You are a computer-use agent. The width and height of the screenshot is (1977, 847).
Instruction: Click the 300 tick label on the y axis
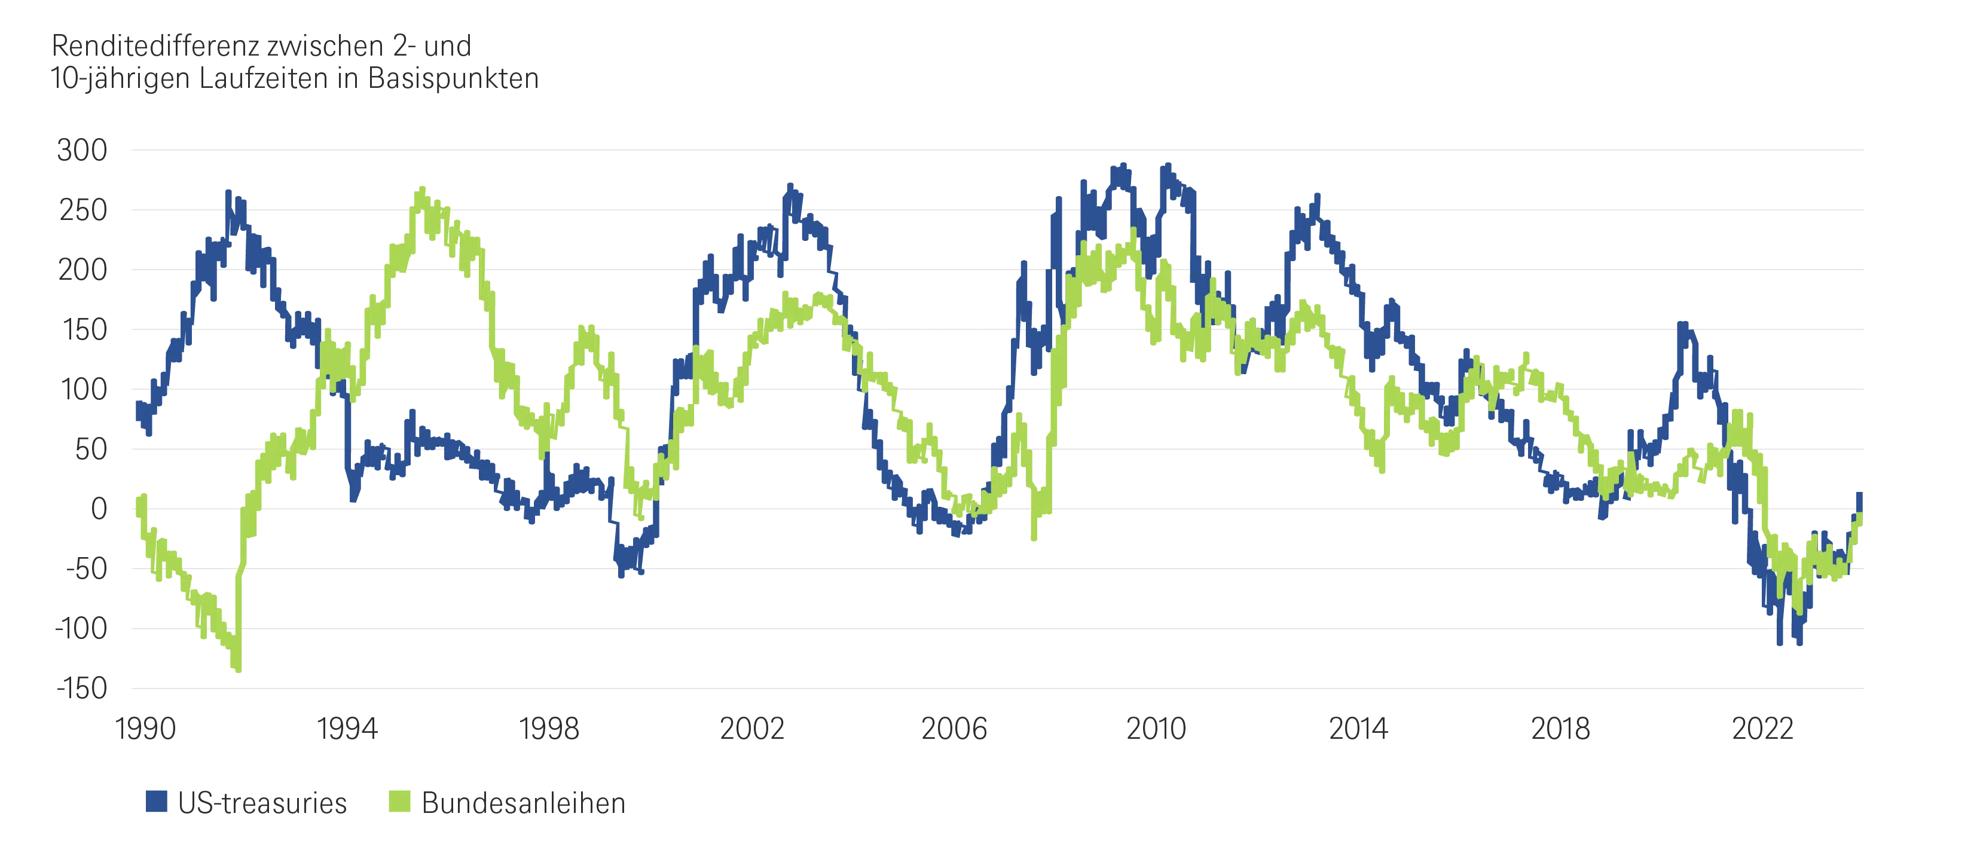click(82, 151)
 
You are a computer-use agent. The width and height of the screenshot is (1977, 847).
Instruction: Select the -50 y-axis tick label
click(86, 569)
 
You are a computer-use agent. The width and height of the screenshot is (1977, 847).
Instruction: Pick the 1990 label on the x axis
click(145, 729)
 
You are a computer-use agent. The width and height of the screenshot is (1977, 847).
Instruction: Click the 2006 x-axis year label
click(954, 729)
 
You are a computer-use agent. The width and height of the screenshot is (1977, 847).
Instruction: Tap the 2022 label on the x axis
click(1762, 729)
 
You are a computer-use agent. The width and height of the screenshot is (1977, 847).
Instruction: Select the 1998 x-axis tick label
click(549, 729)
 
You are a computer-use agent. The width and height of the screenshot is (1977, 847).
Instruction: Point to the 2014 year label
click(1358, 729)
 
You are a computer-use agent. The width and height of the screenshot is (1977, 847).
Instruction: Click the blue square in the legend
click(157, 802)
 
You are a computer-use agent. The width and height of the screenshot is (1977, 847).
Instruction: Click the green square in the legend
click(399, 802)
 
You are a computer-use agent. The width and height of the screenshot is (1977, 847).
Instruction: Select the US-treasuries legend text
click(262, 803)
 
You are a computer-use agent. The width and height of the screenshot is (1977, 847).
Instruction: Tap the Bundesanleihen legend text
click(524, 803)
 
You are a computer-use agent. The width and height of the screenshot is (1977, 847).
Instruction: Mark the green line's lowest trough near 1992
click(239, 669)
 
